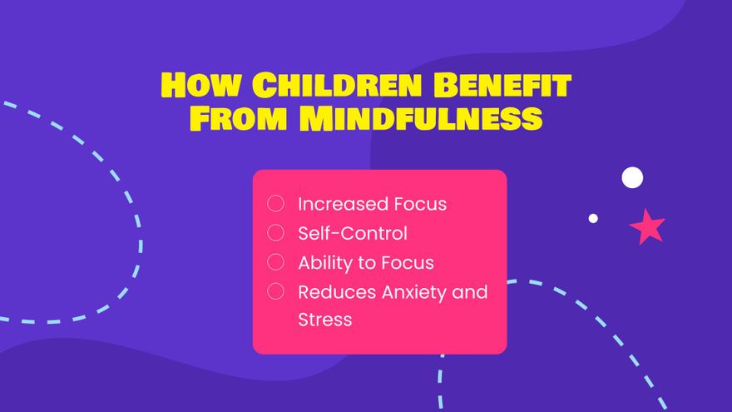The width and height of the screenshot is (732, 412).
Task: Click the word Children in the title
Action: point(337,85)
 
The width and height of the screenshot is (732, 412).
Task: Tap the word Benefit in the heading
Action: point(502,85)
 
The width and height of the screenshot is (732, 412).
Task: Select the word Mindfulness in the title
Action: point(421,117)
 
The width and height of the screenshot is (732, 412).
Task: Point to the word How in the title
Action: point(201,85)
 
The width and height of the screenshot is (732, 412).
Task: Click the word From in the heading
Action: point(238,117)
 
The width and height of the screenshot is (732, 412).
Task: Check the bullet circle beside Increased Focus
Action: point(275,203)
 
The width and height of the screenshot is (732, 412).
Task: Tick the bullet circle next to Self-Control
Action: point(275,232)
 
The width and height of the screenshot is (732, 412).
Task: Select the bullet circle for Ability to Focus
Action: point(275,262)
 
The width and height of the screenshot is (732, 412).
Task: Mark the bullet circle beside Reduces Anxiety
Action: point(275,291)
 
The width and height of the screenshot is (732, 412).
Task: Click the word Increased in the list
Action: point(343,204)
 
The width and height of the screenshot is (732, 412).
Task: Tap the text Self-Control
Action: point(353,233)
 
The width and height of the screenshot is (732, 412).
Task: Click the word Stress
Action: point(325,320)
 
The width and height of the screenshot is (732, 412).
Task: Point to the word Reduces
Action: point(337,292)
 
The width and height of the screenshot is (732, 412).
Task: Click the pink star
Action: point(647,227)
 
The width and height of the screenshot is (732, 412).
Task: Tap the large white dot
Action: point(632,177)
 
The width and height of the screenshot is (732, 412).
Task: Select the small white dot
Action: point(593,218)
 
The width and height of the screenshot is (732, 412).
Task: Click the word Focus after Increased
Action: point(420,204)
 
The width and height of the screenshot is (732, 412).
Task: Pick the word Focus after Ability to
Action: point(408,263)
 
